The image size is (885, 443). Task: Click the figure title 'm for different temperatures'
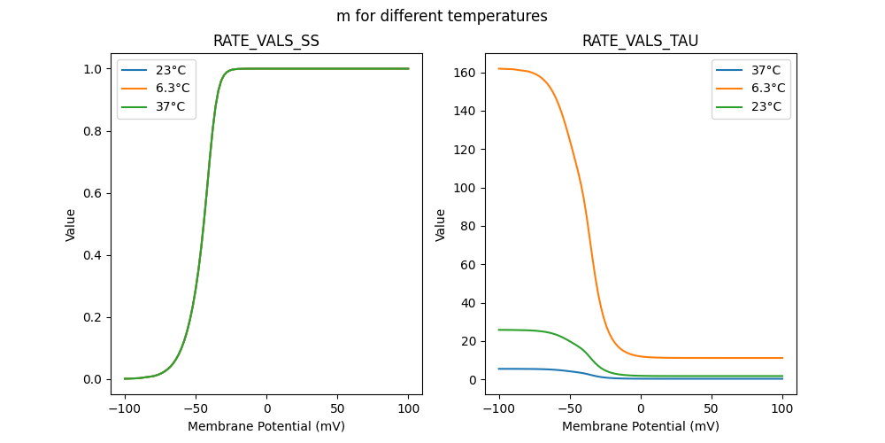coord(442,16)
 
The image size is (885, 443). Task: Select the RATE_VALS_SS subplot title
coord(266,41)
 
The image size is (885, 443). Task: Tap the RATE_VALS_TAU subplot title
coord(640,41)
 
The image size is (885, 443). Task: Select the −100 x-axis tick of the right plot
coord(499,409)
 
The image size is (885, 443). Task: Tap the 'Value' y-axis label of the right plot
coord(441,225)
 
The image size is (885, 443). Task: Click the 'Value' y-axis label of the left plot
coord(71,225)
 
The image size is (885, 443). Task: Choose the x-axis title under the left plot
coord(266,426)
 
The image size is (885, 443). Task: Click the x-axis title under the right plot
coord(640,426)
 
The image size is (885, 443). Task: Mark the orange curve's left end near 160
coord(501,68)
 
